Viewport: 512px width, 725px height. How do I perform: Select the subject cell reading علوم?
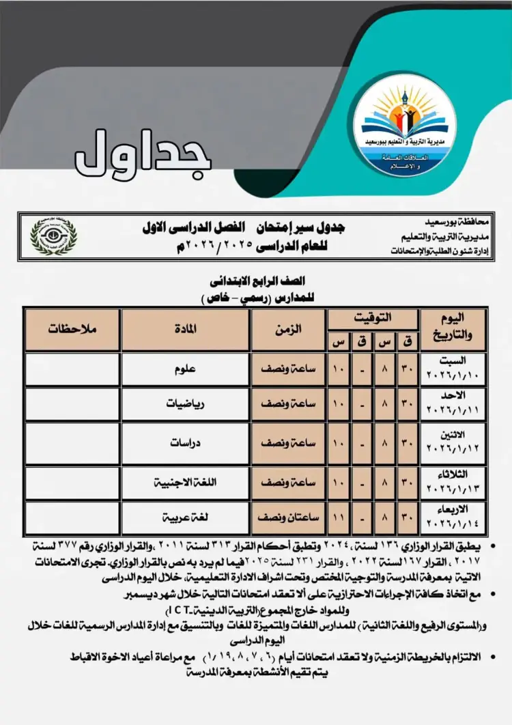tap(186, 369)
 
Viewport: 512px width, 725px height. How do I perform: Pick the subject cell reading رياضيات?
tap(186, 404)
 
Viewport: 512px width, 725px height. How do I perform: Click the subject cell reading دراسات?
tap(186, 443)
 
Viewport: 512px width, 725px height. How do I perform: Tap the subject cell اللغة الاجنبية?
tap(186, 482)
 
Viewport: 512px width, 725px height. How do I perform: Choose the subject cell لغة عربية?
tap(186, 517)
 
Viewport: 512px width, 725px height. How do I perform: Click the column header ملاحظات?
tap(72, 329)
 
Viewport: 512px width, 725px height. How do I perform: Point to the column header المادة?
tap(186, 329)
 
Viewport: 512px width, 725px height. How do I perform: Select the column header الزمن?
tap(288, 329)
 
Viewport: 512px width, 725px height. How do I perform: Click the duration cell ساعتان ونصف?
tap(288, 517)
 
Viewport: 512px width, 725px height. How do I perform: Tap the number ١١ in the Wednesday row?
tap(338, 517)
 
